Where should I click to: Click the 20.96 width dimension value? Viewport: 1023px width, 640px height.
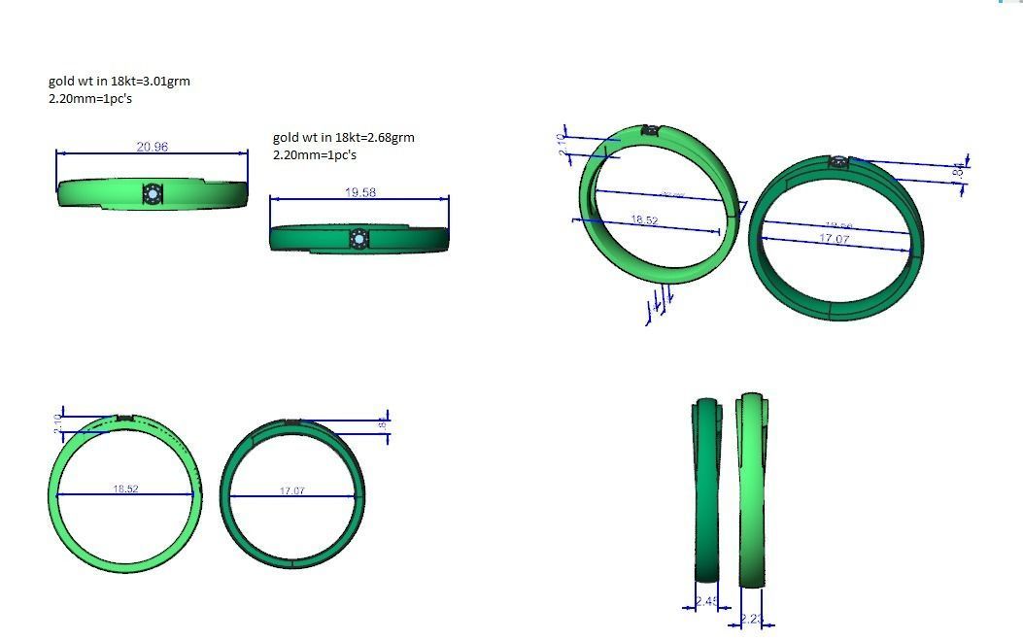152,147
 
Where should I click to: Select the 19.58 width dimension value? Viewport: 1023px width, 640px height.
360,192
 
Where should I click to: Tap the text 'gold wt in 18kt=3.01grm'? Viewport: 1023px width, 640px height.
119,82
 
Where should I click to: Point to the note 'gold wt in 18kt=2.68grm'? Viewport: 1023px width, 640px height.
344,138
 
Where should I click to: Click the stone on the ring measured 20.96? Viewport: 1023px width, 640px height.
153,195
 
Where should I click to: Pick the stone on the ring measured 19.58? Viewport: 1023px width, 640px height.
358,239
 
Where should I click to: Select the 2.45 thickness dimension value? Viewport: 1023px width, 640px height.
707,602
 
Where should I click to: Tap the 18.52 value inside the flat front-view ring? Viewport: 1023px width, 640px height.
125,488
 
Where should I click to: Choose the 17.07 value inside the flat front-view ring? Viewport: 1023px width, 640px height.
292,490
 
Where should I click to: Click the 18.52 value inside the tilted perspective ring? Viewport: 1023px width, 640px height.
644,220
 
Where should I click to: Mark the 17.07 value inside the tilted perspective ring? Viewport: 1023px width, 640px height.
835,238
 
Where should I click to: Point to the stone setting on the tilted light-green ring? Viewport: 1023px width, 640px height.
651,130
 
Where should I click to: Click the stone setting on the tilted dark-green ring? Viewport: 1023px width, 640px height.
839,162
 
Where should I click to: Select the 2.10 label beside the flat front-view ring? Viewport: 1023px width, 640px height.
56,423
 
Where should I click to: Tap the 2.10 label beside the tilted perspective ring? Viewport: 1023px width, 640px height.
562,146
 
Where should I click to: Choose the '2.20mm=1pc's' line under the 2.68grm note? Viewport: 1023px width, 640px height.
315,155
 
